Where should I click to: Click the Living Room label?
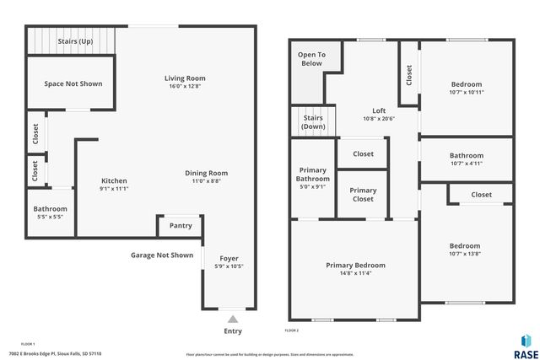pos(185,82)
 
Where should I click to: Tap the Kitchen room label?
pos(114,185)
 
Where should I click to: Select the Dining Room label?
pos(206,177)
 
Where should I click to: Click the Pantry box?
pos(181,226)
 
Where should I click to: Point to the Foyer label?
pos(229,262)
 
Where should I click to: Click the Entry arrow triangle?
pos(233,319)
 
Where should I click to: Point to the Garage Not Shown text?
pos(162,255)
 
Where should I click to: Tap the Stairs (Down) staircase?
pos(314,122)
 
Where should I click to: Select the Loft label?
pos(379,115)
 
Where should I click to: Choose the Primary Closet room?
pos(363,195)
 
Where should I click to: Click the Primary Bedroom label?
pos(355,269)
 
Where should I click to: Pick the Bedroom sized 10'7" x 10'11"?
pos(466,88)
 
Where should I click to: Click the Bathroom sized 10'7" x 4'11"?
pos(466,159)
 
